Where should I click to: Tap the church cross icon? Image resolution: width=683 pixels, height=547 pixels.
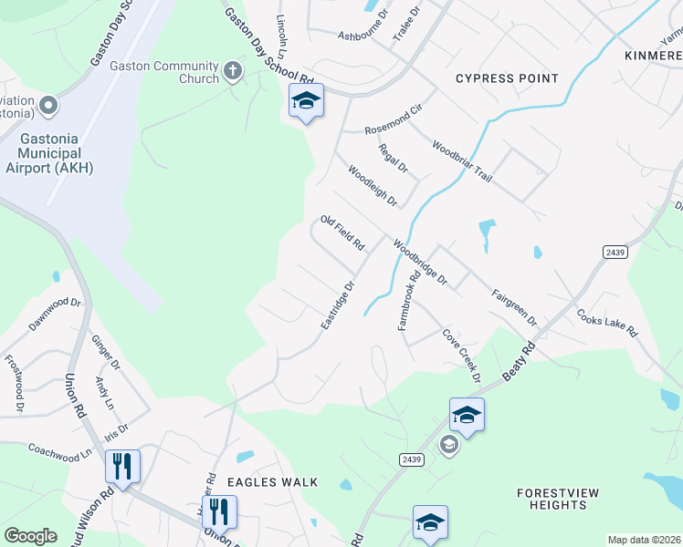(233, 70)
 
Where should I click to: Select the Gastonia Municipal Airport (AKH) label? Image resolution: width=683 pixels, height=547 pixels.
(49, 154)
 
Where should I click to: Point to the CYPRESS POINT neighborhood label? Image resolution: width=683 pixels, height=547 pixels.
(507, 78)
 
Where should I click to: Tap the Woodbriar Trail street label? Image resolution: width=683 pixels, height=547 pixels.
(462, 162)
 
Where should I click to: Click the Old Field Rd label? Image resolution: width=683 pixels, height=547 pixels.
(342, 233)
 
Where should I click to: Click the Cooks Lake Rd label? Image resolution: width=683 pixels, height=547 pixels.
(606, 323)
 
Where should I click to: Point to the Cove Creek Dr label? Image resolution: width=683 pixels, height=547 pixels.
(461, 356)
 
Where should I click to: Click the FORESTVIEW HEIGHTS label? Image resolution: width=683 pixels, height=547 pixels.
(558, 499)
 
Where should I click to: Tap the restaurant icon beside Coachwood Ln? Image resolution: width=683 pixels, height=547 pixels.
(121, 466)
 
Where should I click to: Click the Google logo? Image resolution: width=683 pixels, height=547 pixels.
(30, 536)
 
